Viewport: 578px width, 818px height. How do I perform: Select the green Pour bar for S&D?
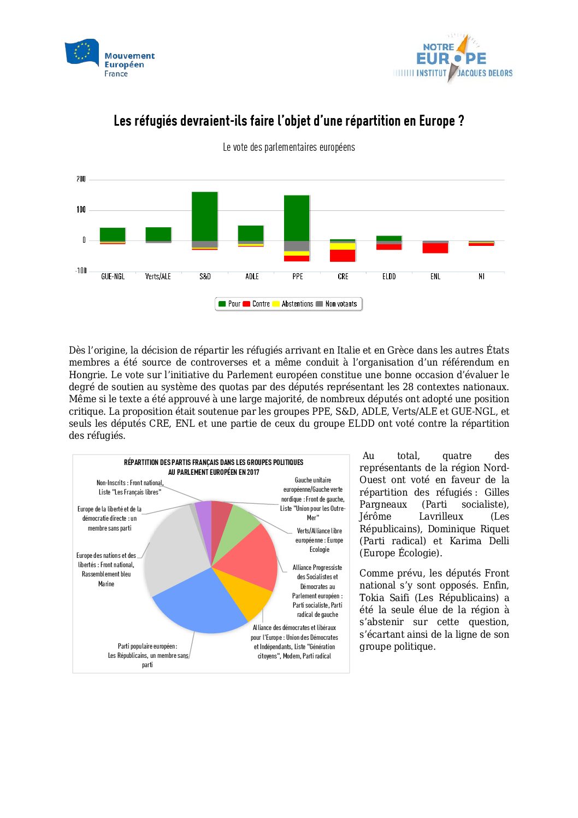(x=205, y=216)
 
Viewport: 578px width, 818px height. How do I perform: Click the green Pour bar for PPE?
(x=297, y=218)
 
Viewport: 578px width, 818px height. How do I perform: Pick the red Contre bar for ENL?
(x=435, y=248)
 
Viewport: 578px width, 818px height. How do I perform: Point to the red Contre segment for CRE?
(x=343, y=255)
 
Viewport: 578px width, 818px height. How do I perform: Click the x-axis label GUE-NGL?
(x=113, y=276)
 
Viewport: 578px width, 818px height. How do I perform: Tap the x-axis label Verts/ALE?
(x=158, y=276)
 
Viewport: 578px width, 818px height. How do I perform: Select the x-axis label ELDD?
(x=389, y=276)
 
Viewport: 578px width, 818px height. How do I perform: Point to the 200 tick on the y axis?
(x=81, y=179)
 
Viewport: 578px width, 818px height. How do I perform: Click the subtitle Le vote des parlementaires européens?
(x=288, y=147)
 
